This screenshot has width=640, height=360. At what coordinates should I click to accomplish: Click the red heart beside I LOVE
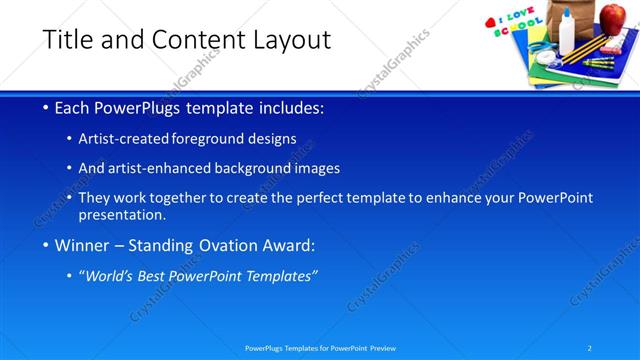[490, 22]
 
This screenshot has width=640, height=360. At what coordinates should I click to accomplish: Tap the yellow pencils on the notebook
[585, 48]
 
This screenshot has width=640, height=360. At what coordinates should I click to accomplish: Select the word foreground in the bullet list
[209, 139]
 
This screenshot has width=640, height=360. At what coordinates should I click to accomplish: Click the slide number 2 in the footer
[590, 348]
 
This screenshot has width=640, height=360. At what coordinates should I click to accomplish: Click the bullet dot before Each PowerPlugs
[47, 108]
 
